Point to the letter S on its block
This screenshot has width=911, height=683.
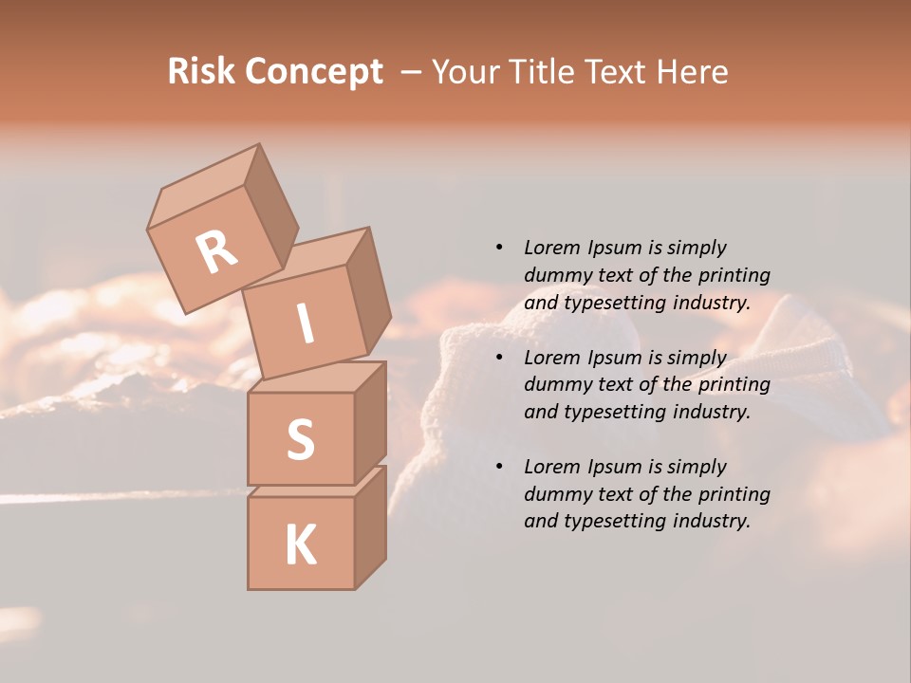click(300, 438)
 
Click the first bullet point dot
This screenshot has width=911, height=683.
click(499, 248)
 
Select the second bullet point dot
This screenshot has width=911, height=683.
click(499, 358)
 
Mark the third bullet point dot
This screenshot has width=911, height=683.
click(499, 467)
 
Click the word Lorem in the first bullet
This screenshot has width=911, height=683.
click(551, 248)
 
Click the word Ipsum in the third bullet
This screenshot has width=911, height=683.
click(613, 467)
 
